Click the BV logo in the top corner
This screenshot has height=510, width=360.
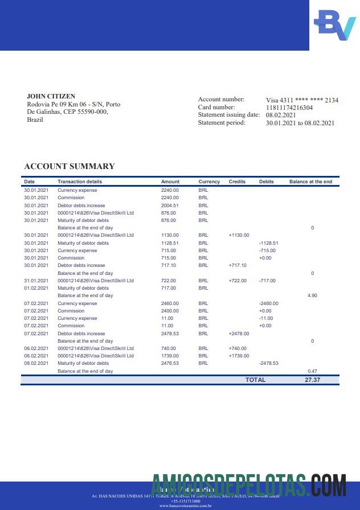(x=334, y=25)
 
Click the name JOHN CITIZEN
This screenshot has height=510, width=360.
(x=51, y=96)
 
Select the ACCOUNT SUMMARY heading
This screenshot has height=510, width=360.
(x=69, y=166)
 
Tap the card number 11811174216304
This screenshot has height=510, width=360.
(x=289, y=107)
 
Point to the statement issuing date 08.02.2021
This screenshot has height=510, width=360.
(x=281, y=115)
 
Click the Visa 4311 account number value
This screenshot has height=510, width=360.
(x=302, y=100)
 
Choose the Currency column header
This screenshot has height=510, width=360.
(x=209, y=182)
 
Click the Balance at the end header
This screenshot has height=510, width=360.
(x=310, y=182)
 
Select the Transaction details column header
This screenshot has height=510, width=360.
(x=80, y=182)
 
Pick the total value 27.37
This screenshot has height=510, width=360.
(x=312, y=380)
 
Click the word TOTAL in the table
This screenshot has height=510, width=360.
(x=255, y=380)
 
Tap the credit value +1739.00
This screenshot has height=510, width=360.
(x=239, y=356)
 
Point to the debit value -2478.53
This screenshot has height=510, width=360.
(x=268, y=363)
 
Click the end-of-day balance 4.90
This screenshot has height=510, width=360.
(x=312, y=296)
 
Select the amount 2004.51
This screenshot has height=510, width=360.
(x=170, y=205)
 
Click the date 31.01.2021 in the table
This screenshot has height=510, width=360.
(x=36, y=281)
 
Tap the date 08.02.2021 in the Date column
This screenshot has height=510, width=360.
(x=36, y=363)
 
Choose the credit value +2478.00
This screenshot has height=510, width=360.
(x=239, y=334)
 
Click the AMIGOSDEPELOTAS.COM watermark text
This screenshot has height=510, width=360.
(x=249, y=487)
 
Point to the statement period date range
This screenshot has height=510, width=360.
(x=300, y=123)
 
